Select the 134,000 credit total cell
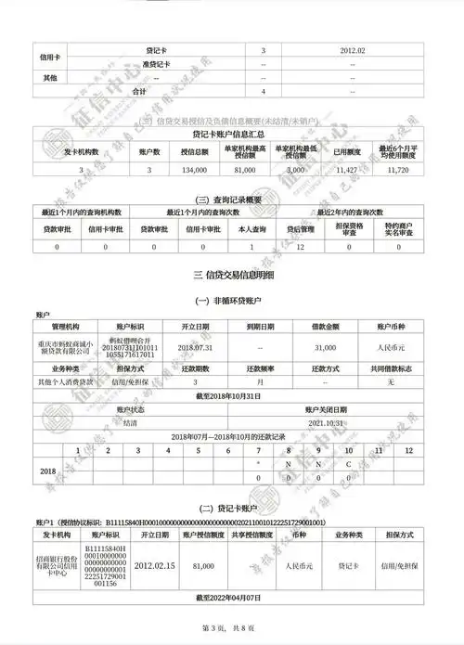point(195,171)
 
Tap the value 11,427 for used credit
point(346,171)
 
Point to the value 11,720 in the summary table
point(397,171)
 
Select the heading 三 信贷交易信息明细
point(232,276)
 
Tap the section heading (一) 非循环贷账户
point(232,303)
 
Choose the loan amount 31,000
point(326,346)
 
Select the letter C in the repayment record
point(348,463)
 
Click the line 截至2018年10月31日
point(232,395)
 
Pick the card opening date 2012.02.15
point(156,564)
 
